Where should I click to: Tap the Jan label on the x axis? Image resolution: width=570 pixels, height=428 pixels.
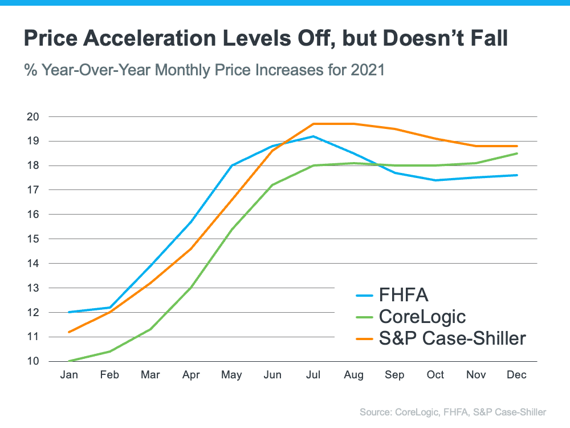[69, 375]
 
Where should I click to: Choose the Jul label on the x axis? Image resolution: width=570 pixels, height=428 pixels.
[313, 375]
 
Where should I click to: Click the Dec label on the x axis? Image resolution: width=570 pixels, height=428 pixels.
[517, 375]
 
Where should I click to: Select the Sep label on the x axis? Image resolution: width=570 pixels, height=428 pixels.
[394, 375]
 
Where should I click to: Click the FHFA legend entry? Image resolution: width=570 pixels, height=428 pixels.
[403, 295]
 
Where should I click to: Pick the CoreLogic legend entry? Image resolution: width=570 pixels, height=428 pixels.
[422, 316]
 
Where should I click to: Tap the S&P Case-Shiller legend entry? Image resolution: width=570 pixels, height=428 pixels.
[451, 338]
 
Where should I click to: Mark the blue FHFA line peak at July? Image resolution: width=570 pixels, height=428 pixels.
[313, 136]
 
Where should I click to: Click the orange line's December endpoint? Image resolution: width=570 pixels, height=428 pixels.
[517, 146]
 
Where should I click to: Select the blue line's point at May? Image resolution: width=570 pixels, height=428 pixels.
[231, 165]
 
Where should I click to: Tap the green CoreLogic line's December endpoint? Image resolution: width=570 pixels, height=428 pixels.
[517, 154]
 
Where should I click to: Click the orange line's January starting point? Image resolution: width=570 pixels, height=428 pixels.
[69, 332]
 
